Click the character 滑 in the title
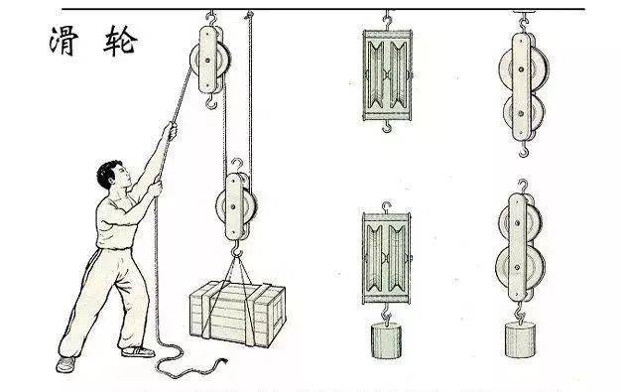64,40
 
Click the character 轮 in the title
120,40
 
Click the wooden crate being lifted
238,314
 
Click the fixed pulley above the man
210,60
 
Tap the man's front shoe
138,351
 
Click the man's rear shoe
65,364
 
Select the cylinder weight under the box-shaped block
386,340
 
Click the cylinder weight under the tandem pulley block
520,339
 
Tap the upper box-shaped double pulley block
387,75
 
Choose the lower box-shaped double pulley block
387,258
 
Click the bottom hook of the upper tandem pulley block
524,150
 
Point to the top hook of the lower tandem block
523,187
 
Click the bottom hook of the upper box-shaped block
387,127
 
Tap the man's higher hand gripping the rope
171,130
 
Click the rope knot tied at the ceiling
249,16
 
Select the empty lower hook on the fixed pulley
212,102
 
